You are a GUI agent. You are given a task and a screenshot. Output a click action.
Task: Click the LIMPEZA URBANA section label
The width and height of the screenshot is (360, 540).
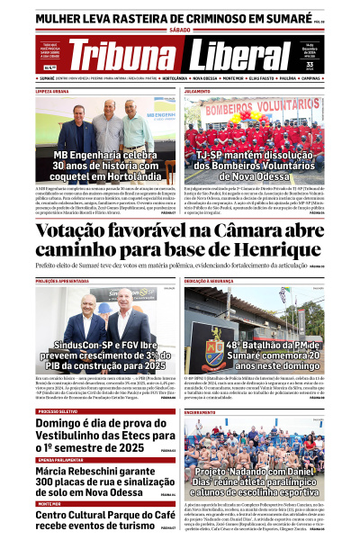pyautogui.click(x=53, y=91)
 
